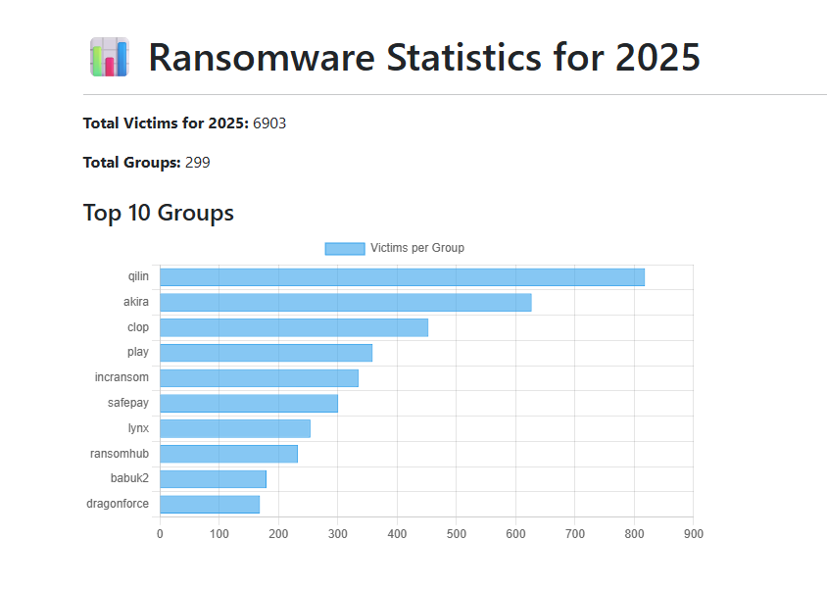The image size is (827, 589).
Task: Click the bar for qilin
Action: (x=402, y=277)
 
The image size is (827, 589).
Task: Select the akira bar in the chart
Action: (x=345, y=303)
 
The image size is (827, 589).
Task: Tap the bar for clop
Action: (x=294, y=327)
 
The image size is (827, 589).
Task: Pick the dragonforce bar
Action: (x=210, y=505)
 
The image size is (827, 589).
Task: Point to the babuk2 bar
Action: (x=213, y=479)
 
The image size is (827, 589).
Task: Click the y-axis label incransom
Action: (x=122, y=377)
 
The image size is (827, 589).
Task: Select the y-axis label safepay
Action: (x=128, y=403)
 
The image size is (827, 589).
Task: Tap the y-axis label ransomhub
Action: (x=120, y=454)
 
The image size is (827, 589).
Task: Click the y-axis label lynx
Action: (x=138, y=428)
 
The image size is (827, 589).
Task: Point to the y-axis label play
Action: (x=138, y=353)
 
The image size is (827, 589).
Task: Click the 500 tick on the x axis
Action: (x=457, y=534)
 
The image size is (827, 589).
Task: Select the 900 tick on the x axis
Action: (x=694, y=534)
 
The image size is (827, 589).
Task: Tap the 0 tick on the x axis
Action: (x=160, y=534)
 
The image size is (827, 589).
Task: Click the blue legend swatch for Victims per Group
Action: (x=344, y=248)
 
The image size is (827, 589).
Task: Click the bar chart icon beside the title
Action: (x=109, y=58)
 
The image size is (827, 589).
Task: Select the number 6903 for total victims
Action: (x=269, y=123)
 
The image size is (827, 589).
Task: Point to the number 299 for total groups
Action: (x=197, y=163)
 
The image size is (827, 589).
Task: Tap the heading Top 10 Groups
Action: (x=159, y=213)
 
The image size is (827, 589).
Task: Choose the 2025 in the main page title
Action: (x=657, y=58)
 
